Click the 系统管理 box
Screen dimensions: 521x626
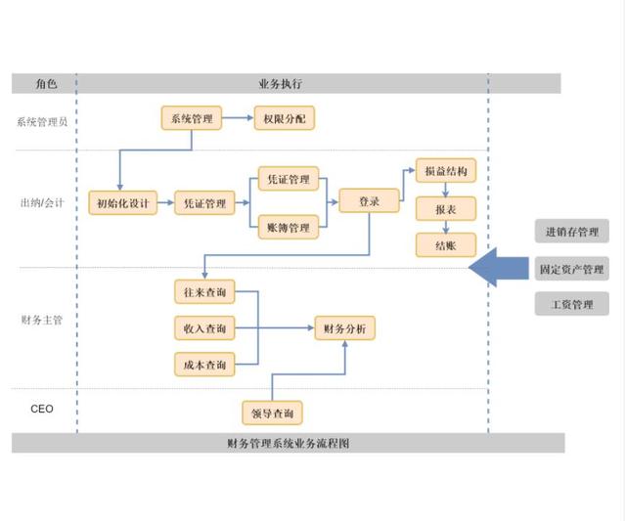(x=191, y=118)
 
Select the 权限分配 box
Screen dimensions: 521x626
(x=284, y=118)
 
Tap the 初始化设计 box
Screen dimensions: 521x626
(x=122, y=203)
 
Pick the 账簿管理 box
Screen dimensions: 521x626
(x=287, y=228)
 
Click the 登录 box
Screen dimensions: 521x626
(x=369, y=200)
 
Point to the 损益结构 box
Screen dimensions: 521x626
(x=445, y=170)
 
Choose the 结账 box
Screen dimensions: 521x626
(x=445, y=245)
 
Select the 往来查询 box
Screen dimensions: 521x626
(x=204, y=291)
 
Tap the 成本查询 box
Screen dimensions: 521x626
(x=204, y=366)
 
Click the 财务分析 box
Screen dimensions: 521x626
(x=344, y=328)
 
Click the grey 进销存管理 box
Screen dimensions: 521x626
(x=572, y=231)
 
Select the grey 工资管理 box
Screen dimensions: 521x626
(x=572, y=304)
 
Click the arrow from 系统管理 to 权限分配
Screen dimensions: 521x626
(x=238, y=118)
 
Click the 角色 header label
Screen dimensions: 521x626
(x=45, y=83)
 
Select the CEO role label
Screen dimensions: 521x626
(x=42, y=409)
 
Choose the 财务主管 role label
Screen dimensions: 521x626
(x=42, y=320)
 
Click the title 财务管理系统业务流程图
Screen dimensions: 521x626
(x=288, y=443)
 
